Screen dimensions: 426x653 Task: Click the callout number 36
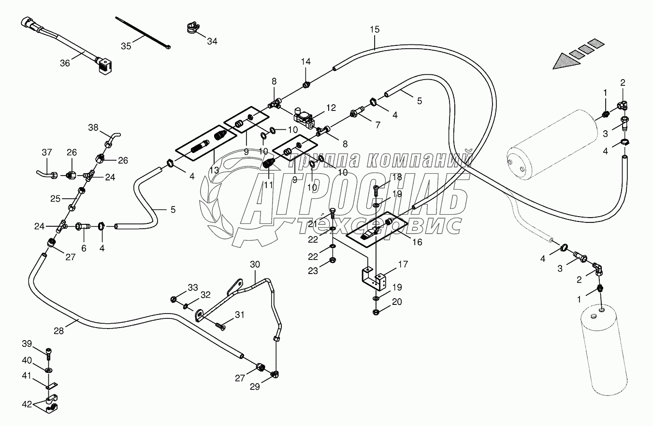click(x=65, y=63)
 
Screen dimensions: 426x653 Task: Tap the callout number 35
click(x=126, y=46)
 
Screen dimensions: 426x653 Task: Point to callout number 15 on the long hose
click(x=375, y=29)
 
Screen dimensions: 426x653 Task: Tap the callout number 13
click(x=214, y=170)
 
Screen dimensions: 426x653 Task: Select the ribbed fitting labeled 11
click(x=268, y=166)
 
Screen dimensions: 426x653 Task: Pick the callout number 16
click(x=416, y=242)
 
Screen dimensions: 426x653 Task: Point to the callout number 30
click(x=255, y=264)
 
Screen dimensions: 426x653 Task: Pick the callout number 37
click(x=46, y=152)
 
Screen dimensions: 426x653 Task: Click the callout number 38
click(x=93, y=127)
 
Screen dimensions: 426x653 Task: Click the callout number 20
click(x=397, y=302)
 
